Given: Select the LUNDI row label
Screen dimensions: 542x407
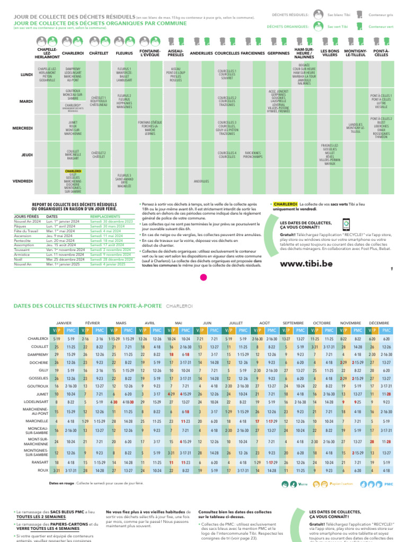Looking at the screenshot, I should (x=26, y=75).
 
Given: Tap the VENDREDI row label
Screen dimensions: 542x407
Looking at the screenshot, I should (x=23, y=181).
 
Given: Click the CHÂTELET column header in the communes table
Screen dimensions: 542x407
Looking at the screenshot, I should (x=99, y=53).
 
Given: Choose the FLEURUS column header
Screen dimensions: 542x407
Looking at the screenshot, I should (x=125, y=53).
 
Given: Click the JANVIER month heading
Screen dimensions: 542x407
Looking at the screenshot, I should (x=64, y=322).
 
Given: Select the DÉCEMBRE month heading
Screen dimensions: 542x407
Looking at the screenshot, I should (x=378, y=322).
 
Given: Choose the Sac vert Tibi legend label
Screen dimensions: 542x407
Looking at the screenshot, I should (x=338, y=26).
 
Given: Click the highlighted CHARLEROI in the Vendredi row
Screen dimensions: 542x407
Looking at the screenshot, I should (x=73, y=171).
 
